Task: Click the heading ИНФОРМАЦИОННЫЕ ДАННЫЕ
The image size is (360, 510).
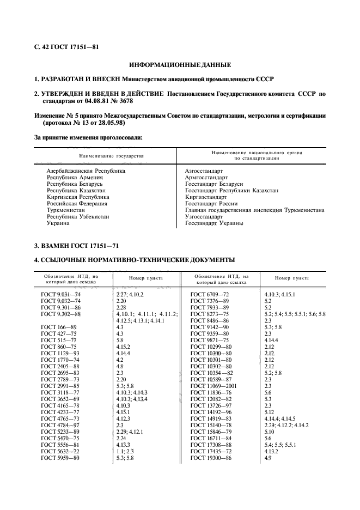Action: [180, 65]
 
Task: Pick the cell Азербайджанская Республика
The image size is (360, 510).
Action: [86, 171]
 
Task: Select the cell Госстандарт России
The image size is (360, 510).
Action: [209, 203]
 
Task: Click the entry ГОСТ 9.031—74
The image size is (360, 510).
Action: [60, 294]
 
